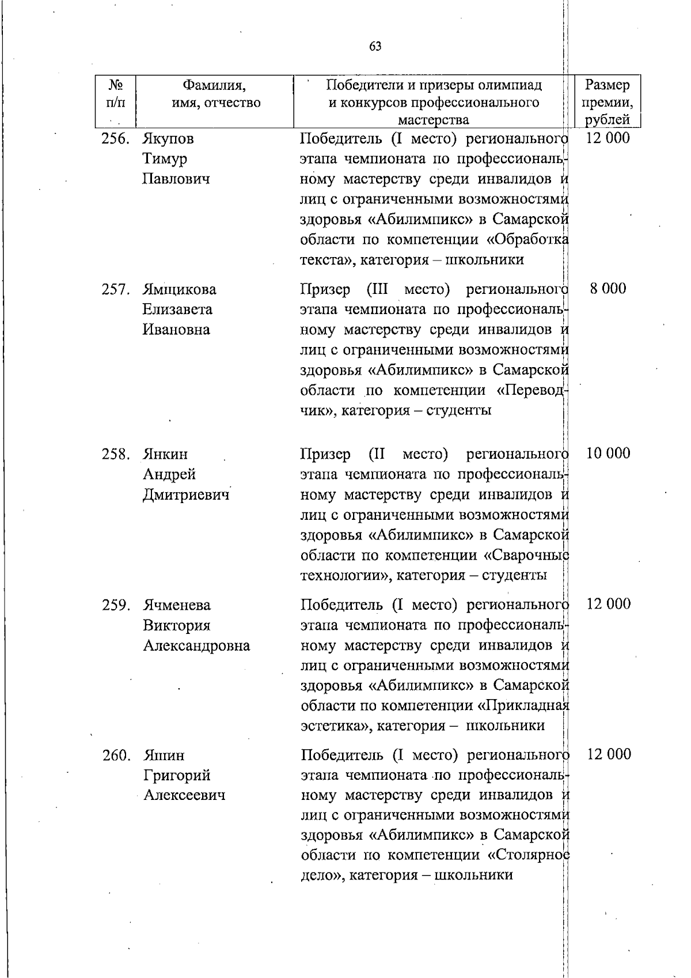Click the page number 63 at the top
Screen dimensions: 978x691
click(375, 46)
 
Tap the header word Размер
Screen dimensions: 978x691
click(607, 86)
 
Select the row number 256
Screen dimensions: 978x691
click(115, 139)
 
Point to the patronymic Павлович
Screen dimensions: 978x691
click(176, 179)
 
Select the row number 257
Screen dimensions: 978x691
click(115, 289)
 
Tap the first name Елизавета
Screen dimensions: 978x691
click(177, 309)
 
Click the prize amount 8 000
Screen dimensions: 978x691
click(608, 289)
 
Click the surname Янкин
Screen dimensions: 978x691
click(165, 454)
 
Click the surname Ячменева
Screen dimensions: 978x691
click(177, 605)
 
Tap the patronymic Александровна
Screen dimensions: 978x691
click(196, 645)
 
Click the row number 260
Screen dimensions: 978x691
click(115, 755)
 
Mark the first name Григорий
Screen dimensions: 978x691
click(177, 775)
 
